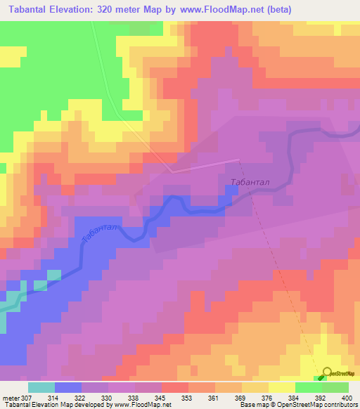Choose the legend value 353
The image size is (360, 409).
(188, 397)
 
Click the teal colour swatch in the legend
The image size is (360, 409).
(41, 387)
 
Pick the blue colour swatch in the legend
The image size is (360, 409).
(67, 387)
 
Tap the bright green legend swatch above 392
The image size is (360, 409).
(308, 387)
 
